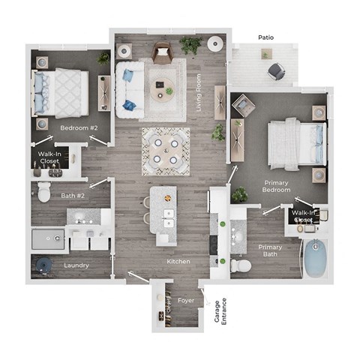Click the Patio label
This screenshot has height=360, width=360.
[265, 36]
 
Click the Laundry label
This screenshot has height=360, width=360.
[76, 265]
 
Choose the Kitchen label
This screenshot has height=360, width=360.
[178, 261]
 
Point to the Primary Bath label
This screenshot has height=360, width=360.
[270, 250]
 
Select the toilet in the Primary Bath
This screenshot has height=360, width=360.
[239, 265]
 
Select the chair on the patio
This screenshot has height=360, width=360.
[276, 71]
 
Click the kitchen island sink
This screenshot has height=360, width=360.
[168, 218]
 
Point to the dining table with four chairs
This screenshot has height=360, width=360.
[165, 149]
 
